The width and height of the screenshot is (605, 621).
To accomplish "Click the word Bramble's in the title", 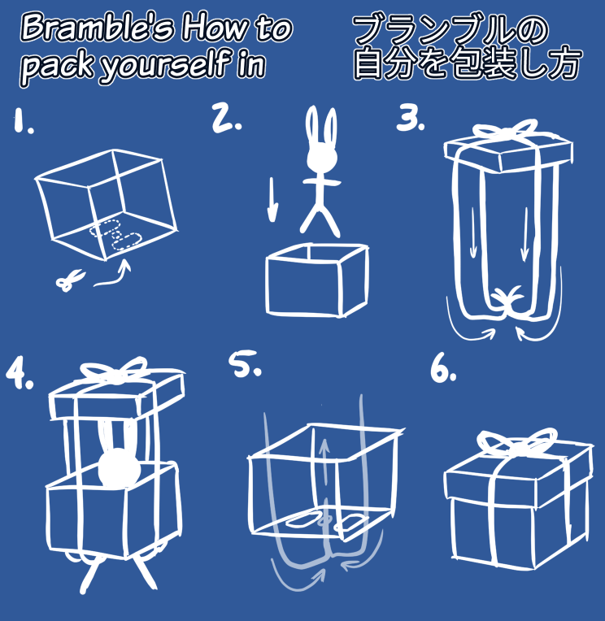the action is pyautogui.click(x=98, y=28).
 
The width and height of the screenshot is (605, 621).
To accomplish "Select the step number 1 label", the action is pyautogui.click(x=23, y=120).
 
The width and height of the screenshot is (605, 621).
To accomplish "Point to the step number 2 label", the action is pyautogui.click(x=226, y=118).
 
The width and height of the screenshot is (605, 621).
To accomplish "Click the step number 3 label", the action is pyautogui.click(x=411, y=118).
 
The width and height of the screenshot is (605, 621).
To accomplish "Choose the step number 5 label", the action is pyautogui.click(x=246, y=363).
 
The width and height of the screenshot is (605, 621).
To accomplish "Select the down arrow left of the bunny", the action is pyautogui.click(x=272, y=200).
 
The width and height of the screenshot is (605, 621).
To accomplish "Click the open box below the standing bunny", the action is pyautogui.click(x=317, y=280).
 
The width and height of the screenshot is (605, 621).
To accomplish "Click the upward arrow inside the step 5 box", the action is pyautogui.click(x=326, y=462).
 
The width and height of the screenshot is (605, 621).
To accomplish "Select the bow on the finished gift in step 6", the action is pyautogui.click(x=516, y=442).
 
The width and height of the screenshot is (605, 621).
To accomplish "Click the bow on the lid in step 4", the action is pyautogui.click(x=114, y=370).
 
